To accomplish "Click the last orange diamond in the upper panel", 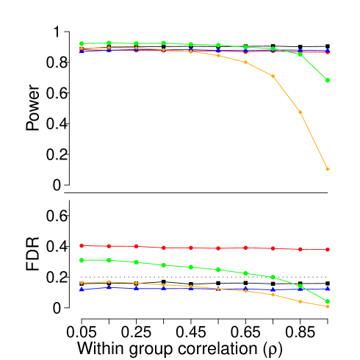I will pos(327,169).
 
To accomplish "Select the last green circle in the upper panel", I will pos(327,80).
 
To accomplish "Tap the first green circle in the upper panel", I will pos(82,43).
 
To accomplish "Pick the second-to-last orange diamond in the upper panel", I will pos(300,112).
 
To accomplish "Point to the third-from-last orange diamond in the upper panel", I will pos(273,76).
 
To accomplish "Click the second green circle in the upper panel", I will pos(109,43).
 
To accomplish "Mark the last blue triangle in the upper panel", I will pos(327,51).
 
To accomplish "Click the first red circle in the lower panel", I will pos(82,245).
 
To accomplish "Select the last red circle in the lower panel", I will pos(327,250).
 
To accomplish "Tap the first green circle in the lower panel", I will pos(82,260).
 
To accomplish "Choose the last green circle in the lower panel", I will pos(327,301).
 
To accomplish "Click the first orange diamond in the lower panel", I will pos(82,283).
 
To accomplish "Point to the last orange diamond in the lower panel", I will pos(327,306).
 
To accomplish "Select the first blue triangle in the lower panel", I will pos(82,289).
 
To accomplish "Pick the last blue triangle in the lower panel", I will pos(327,289).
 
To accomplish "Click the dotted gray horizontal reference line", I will pos(184,277).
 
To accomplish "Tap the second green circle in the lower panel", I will pos(109,260).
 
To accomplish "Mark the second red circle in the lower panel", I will pos(109,246).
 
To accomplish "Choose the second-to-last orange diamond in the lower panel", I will pos(300,301).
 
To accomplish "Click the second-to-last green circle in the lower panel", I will pos(300,286).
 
